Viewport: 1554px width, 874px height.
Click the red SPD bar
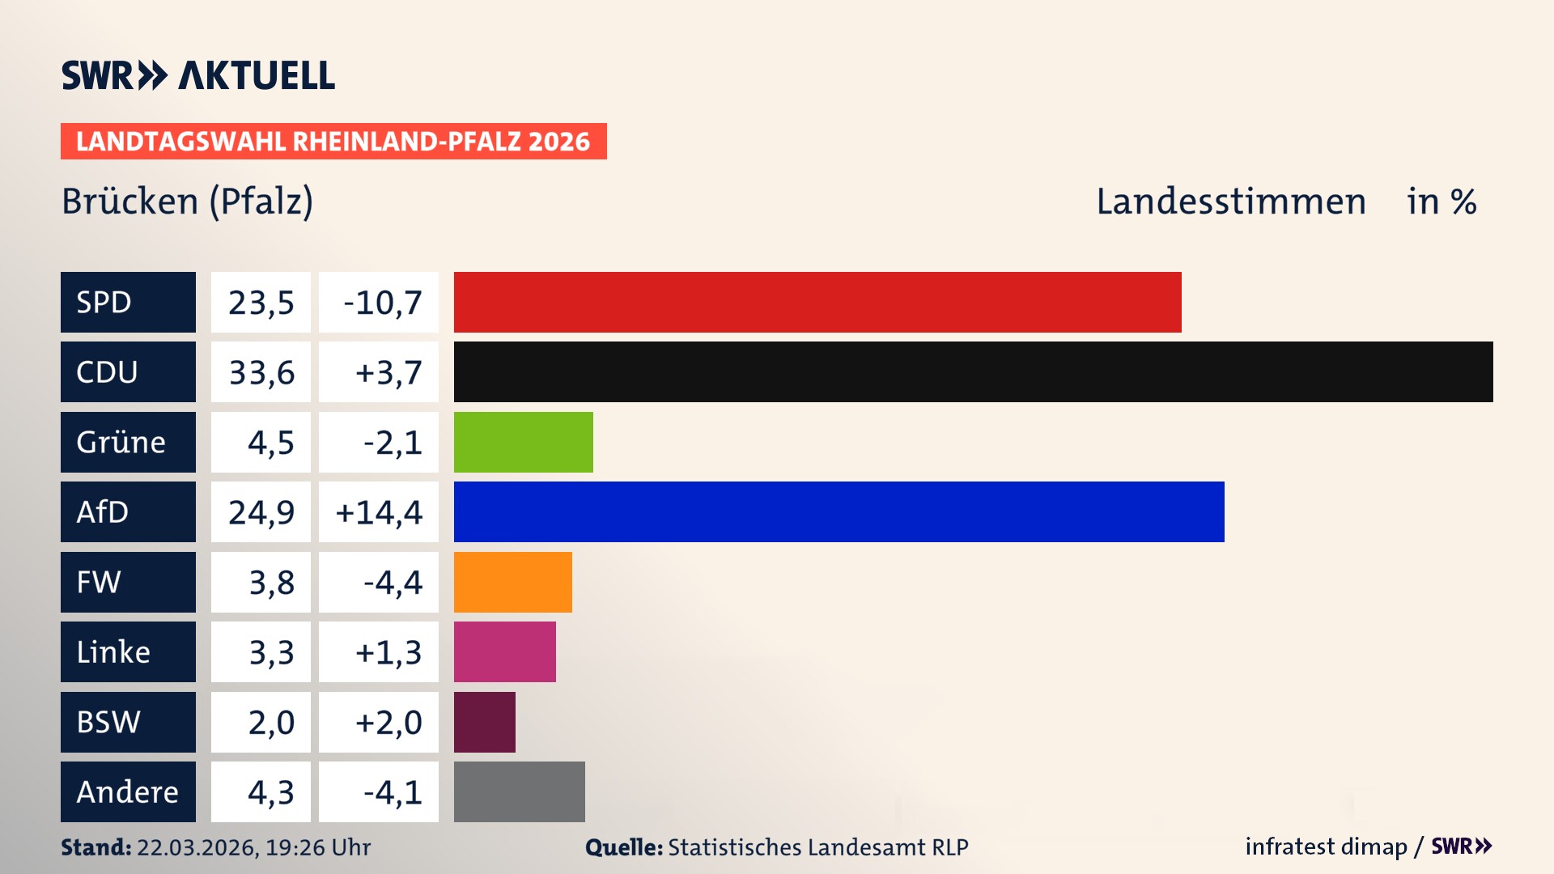click(x=817, y=302)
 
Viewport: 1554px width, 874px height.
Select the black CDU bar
click(x=973, y=371)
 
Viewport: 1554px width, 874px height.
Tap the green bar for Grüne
click(x=523, y=442)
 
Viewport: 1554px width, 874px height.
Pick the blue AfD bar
click(x=839, y=511)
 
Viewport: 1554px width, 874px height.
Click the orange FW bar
click(x=512, y=582)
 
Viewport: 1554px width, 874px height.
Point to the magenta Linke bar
click(x=504, y=651)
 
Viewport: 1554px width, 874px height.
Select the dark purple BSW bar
click(x=484, y=722)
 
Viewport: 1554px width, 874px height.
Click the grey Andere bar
click(x=519, y=791)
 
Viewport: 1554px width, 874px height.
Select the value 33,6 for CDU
click(x=261, y=372)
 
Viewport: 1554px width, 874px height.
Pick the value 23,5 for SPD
click(x=261, y=303)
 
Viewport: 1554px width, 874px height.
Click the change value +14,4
click(x=378, y=512)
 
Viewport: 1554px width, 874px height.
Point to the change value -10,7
click(x=382, y=303)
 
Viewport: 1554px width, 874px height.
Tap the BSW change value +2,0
click(x=388, y=722)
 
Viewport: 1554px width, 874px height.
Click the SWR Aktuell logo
click(x=197, y=75)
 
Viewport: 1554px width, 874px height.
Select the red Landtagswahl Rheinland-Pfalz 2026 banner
click(x=333, y=142)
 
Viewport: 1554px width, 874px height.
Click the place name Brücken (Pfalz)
click(x=187, y=202)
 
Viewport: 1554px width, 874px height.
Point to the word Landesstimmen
click(x=1230, y=202)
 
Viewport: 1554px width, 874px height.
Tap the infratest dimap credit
click(x=1325, y=846)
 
